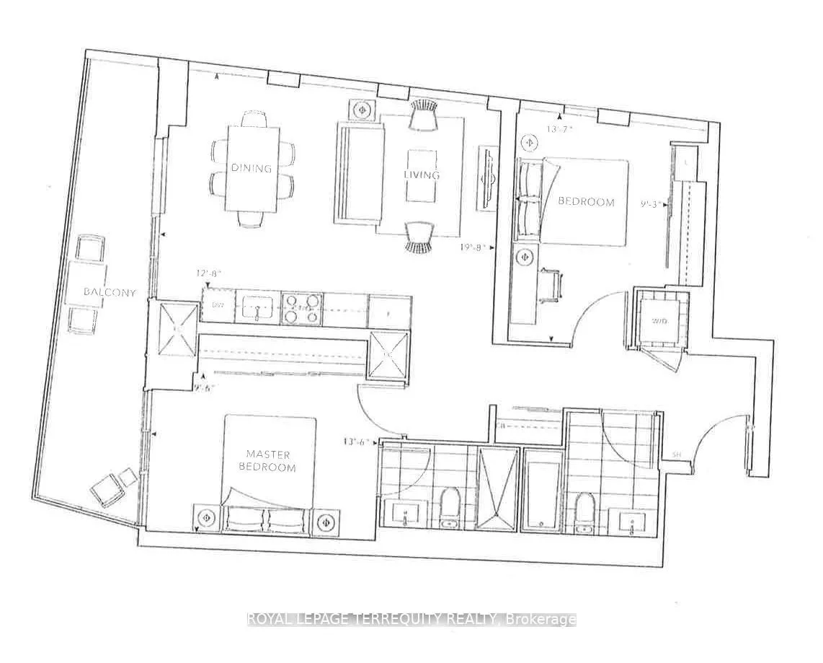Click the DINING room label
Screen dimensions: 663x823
click(x=252, y=168)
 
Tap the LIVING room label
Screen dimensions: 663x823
click(x=422, y=175)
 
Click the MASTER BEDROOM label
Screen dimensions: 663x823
click(x=268, y=461)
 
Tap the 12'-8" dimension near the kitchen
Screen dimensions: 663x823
click(x=209, y=274)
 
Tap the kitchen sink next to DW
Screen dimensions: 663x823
click(x=256, y=308)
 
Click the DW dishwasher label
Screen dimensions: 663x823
click(x=218, y=306)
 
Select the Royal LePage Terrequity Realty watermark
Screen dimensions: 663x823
click(x=411, y=619)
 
